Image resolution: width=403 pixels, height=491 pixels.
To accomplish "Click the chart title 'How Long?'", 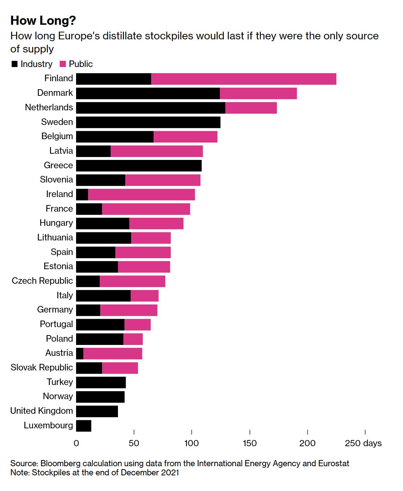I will point(43,21).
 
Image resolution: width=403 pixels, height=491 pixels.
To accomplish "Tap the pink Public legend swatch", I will point(63,64).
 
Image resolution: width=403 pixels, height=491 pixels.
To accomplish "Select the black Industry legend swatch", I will point(15,64).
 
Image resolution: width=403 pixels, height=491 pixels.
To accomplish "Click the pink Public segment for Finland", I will point(244,79).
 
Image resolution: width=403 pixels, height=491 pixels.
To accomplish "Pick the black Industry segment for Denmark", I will point(148,93).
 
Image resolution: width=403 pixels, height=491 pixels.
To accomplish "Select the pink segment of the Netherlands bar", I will point(251,108).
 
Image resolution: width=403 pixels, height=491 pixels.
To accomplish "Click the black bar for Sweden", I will point(148,122).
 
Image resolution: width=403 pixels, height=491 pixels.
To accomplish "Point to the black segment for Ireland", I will point(82,195).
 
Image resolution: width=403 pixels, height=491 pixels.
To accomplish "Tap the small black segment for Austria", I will point(80,353).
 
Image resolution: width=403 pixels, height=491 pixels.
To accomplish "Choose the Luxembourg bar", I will point(84,426).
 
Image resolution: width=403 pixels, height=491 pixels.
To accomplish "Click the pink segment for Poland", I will point(133,339).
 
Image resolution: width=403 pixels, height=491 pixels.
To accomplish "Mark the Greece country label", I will point(58,165).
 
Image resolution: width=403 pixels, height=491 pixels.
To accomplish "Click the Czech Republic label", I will point(42,281).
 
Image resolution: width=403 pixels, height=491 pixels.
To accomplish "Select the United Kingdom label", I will point(42,411).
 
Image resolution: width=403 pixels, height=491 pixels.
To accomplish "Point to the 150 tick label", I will point(250,443).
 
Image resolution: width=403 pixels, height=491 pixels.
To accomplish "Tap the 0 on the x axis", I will point(76,443).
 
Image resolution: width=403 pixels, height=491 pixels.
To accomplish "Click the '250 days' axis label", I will point(363,443).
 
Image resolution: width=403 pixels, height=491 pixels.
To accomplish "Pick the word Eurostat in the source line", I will point(333,463).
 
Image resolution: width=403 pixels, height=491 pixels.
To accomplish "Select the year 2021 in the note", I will point(170,473).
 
